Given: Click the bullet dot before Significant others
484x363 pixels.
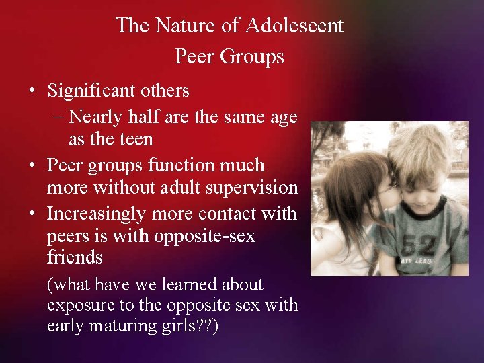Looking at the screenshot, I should coord(32,91).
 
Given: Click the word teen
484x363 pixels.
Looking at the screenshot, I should coord(136,140).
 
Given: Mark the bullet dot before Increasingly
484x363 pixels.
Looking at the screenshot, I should coord(32,214).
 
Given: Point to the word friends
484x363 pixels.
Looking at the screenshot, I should coord(75,257).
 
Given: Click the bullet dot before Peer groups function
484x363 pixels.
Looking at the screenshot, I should coord(32,165).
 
